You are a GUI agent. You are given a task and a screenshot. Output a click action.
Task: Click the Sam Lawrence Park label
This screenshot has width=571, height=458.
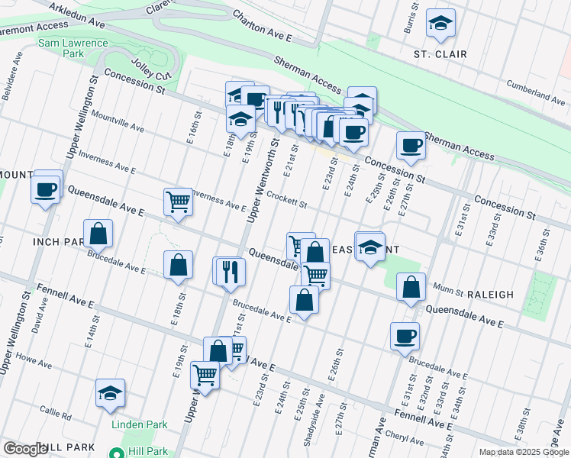pos(73,49)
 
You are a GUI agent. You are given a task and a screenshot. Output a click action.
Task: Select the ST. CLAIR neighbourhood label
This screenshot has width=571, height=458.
pos(440,54)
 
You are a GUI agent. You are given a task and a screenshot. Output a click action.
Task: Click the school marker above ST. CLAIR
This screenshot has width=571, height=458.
pos(440,25)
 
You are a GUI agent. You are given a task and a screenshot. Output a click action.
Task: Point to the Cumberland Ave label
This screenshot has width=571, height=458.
pos(539,95)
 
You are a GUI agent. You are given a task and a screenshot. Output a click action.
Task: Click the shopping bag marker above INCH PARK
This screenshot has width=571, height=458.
pos(98,234)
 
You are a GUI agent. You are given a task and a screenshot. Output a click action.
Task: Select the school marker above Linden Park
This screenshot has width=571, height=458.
pos(111,393)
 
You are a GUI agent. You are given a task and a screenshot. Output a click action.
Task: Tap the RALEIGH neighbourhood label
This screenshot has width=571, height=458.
pos(480,294)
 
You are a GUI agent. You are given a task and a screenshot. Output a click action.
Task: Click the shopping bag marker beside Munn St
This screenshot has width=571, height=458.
pos(411,288)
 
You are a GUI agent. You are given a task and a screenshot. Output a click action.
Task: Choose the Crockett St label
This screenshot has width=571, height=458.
pos(286,200)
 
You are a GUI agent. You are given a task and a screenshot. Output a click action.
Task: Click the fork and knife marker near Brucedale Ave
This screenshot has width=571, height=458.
pos(231,271)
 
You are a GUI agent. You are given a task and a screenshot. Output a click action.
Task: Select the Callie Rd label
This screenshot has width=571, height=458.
pos(56,417)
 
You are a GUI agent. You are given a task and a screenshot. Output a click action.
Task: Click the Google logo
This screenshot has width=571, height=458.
pos(25,449)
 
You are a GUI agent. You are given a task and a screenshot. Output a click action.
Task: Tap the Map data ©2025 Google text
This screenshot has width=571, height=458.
pos(523,452)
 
